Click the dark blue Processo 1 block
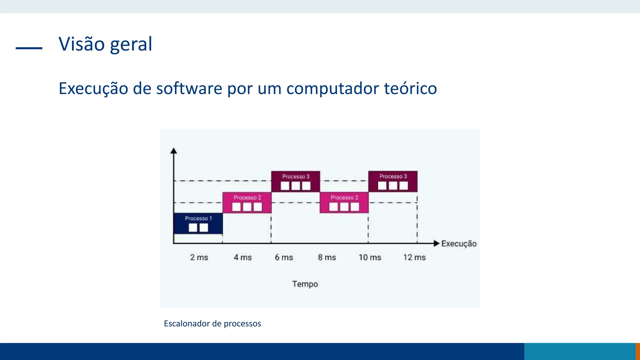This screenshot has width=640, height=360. click(198, 223)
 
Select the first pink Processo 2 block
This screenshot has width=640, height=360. click(247, 202)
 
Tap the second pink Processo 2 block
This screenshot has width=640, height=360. click(344, 202)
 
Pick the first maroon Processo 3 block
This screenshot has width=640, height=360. click(296, 182)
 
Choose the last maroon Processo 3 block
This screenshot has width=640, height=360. click(393, 182)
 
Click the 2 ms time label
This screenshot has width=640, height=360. click(199, 257)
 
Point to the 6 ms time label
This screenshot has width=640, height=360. click(284, 257)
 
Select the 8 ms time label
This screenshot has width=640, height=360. click(327, 257)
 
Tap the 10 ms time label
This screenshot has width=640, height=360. click(370, 257)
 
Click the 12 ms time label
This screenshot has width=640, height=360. click(414, 257)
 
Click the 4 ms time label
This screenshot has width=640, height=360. click(243, 257)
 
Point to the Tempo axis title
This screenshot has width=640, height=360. click(305, 284)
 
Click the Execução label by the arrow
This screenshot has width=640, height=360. click(459, 244)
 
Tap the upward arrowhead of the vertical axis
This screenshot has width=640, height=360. click(174, 151)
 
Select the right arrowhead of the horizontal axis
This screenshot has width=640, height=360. click(437, 243)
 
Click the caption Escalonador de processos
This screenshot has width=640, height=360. click(212, 323)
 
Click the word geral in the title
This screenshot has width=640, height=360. click(131, 44)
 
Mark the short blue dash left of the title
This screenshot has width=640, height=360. click(29, 48)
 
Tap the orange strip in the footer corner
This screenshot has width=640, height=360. click(638, 352)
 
